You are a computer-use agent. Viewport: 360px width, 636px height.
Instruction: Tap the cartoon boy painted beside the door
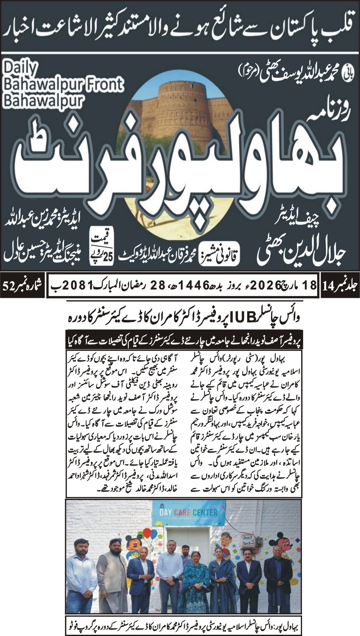tap(227, 541)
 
